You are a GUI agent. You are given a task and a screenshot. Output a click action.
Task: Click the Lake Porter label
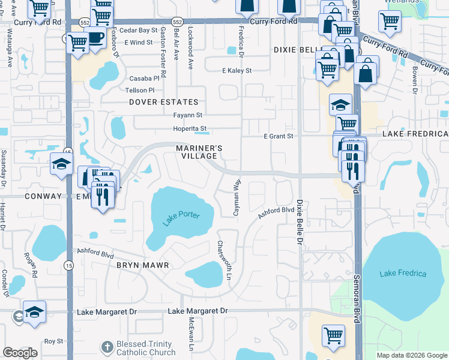click(x=180, y=219)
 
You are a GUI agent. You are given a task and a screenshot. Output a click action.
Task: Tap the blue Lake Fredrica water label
click(x=403, y=274)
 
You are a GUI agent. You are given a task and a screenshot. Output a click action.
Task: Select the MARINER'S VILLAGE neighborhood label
click(x=199, y=152)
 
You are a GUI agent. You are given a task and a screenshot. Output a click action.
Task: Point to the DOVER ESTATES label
click(x=163, y=103)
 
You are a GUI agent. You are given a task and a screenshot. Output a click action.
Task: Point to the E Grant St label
click(x=279, y=136)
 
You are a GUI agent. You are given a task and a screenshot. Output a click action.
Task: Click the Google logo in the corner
click(x=20, y=353)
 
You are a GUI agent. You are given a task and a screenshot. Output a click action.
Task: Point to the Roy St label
click(x=53, y=341)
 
